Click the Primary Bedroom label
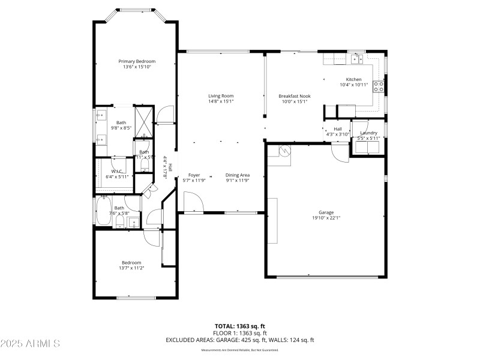(137, 61)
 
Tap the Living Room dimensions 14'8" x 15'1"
(221, 101)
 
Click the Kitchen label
(353, 79)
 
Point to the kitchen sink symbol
(358, 59)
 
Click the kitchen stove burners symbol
(379, 86)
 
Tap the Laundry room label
(368, 133)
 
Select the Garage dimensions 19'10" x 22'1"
(326, 218)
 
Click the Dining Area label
(237, 175)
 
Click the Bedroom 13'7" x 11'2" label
(132, 262)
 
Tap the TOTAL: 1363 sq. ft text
(240, 326)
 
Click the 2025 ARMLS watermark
(30, 344)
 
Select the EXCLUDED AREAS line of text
(240, 340)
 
